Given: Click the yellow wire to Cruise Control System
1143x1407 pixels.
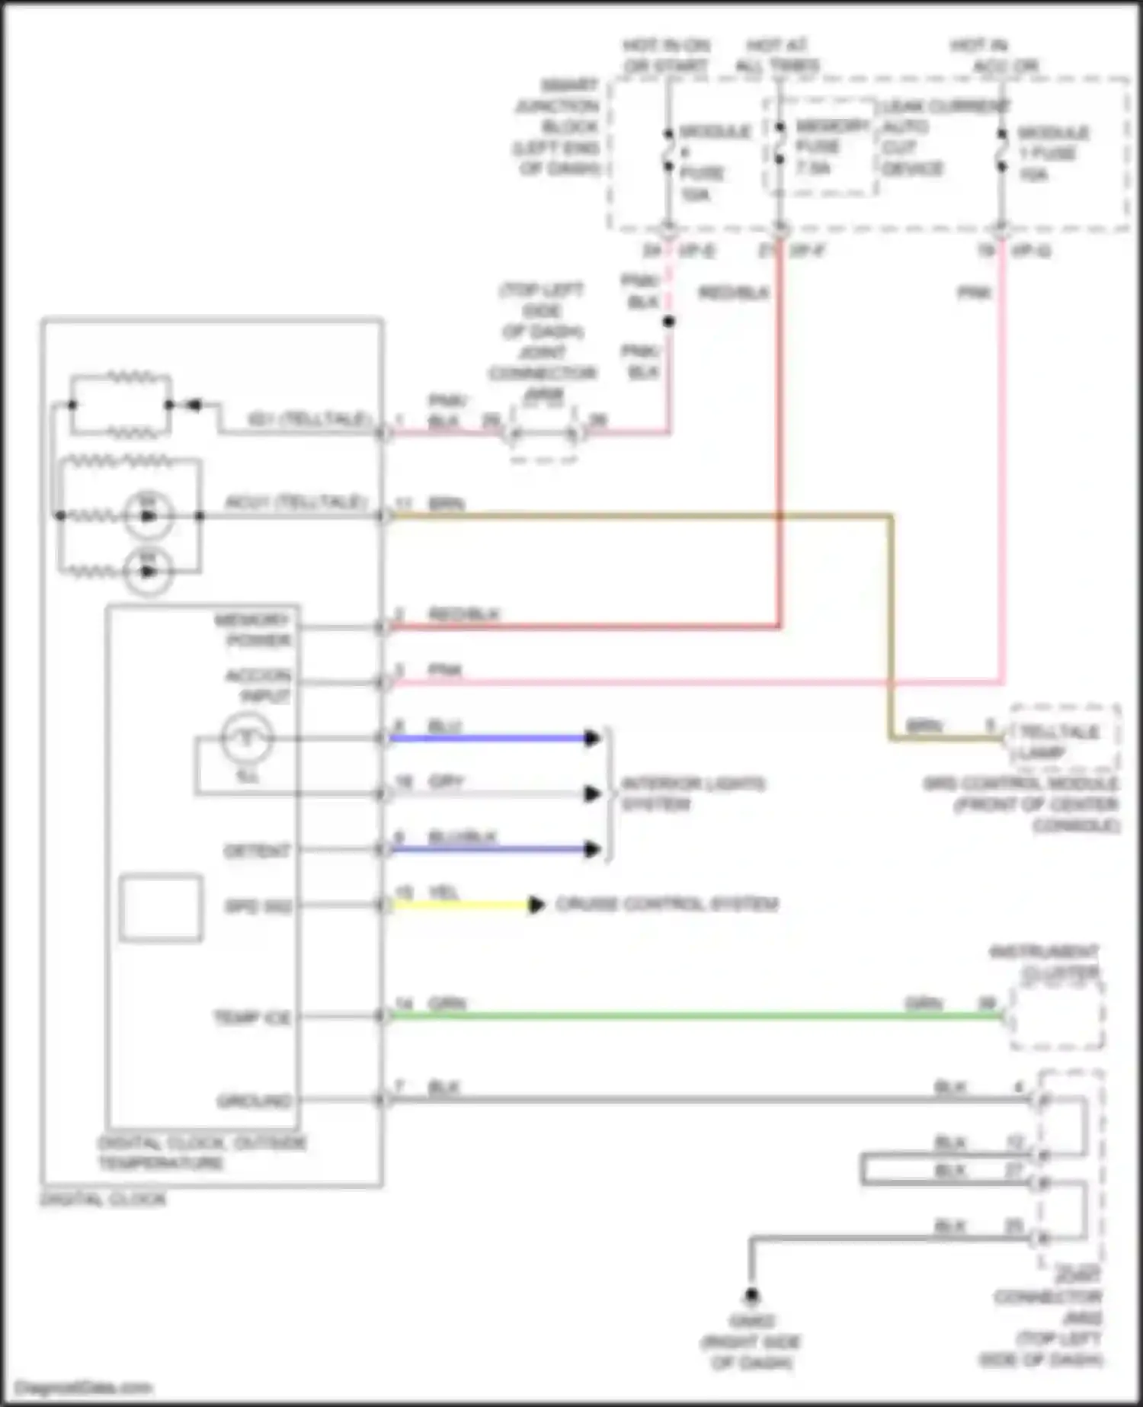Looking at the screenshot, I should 457,905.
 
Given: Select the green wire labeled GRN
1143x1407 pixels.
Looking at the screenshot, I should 686,1015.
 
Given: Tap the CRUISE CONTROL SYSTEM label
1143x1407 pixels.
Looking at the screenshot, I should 666,905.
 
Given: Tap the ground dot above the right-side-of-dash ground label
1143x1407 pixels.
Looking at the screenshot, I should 751,1295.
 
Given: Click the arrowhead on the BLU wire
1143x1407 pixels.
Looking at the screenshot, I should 592,738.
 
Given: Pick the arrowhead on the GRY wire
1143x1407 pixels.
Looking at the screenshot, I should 592,793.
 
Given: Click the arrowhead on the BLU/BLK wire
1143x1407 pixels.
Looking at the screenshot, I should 592,849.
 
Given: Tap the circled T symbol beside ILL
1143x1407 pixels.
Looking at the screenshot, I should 246,738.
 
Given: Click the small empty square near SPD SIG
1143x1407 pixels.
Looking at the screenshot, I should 161,908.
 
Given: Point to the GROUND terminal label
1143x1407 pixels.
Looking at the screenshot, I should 254,1101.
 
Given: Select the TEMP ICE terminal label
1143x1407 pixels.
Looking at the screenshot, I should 252,1018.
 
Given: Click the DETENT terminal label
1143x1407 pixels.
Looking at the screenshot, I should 257,851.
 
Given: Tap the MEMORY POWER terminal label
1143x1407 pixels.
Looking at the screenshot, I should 252,630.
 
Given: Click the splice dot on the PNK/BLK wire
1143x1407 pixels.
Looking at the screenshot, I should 668,322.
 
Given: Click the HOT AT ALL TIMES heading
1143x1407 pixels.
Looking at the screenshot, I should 777,55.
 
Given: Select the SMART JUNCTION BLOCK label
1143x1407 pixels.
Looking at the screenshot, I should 559,127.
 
